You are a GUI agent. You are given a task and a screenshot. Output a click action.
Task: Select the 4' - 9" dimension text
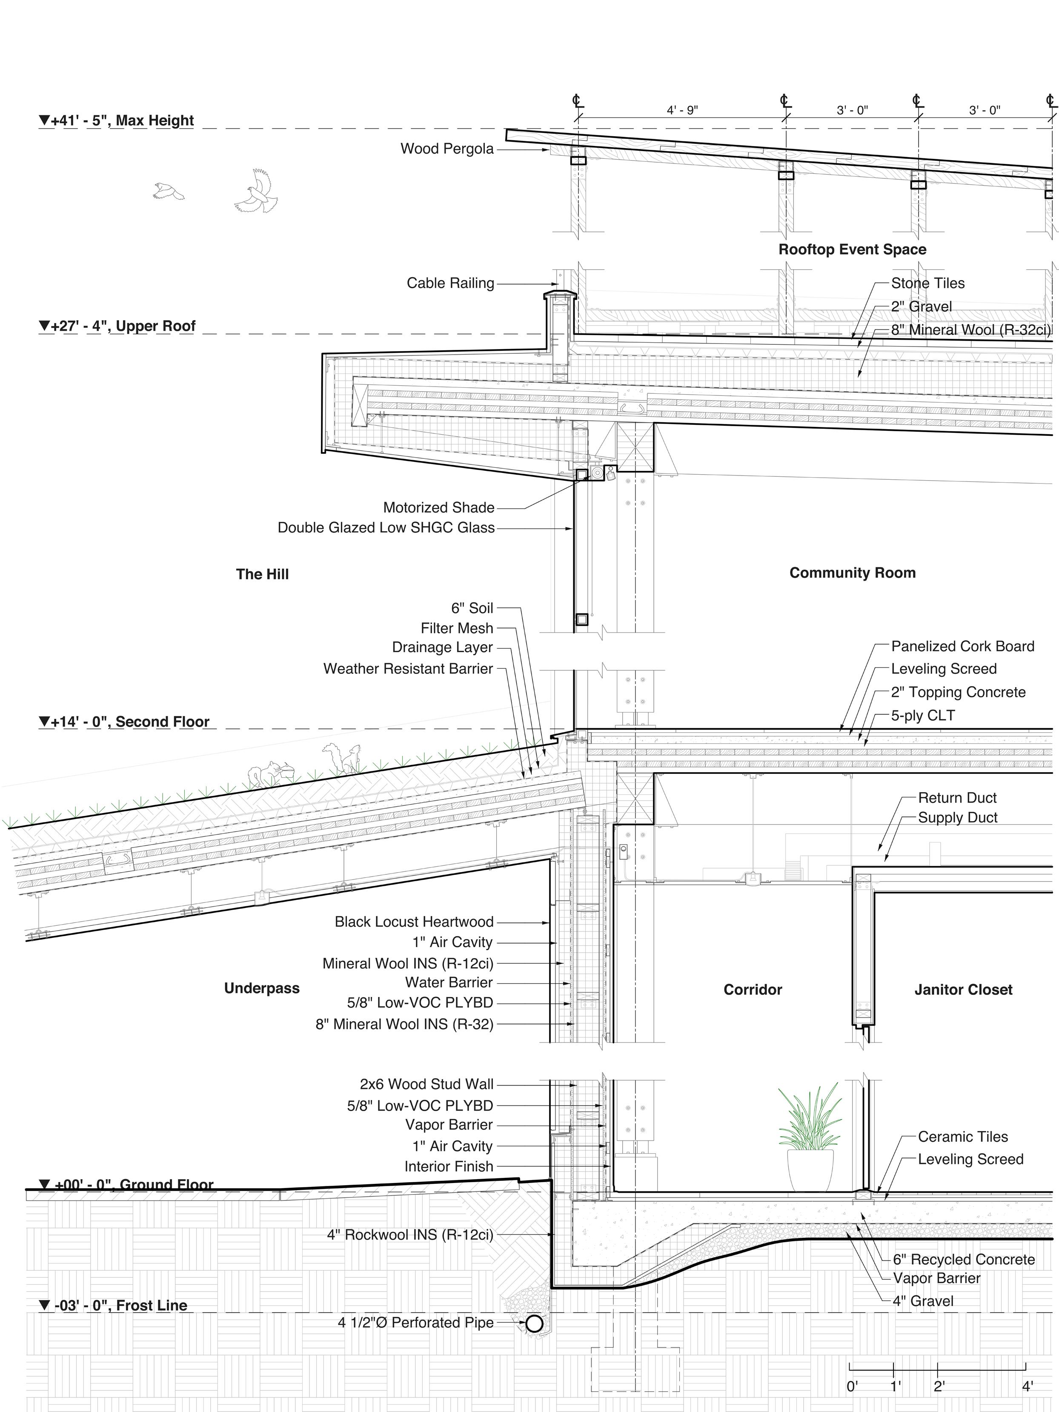pos(682,110)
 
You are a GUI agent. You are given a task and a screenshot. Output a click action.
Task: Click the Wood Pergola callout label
pos(447,149)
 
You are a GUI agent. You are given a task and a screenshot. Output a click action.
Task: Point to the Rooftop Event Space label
pos(852,249)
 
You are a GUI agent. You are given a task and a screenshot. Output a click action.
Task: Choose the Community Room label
pos(852,573)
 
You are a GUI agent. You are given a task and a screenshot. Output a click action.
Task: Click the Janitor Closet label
pos(963,989)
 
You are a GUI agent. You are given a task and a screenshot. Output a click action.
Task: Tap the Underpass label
pos(262,988)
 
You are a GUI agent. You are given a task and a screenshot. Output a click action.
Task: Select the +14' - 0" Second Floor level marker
pos(124,722)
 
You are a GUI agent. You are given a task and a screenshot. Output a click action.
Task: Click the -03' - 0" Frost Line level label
pos(114,1306)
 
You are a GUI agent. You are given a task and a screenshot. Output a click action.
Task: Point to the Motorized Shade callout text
pos(438,507)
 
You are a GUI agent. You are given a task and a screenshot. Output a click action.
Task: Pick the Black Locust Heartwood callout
pos(414,922)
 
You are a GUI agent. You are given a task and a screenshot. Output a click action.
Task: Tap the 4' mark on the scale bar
pos(1027,1369)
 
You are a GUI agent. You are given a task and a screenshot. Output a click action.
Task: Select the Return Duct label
pos(957,797)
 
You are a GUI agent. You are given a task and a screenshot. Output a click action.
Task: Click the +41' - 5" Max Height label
pos(116,120)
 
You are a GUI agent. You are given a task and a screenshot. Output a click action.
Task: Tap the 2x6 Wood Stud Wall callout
pos(426,1084)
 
